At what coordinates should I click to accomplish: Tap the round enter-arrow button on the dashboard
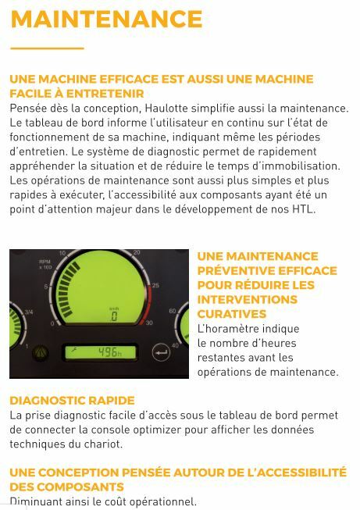pos(161,352)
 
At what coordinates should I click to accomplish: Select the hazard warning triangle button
pos(41,352)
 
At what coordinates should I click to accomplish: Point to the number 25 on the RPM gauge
pos(155,285)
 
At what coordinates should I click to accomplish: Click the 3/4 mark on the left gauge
pos(29,312)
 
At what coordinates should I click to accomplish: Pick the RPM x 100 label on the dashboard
pos(45,264)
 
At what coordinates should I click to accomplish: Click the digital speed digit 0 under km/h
pos(114,316)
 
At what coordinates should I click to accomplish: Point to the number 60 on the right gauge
pos(173,311)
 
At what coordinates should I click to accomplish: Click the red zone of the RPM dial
pos(147,304)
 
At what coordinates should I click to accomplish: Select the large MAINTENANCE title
pos(107,19)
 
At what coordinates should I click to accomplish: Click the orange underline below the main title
pos(47,48)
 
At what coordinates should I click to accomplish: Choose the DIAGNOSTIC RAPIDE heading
pos(72,401)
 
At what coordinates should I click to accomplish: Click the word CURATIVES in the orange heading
pos(232,314)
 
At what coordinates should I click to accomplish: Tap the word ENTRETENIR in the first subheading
pos(105,94)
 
